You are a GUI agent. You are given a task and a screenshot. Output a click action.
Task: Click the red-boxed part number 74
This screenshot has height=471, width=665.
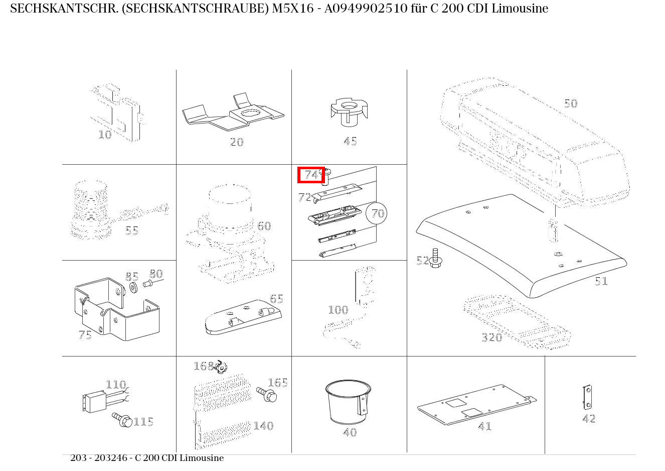[311, 175]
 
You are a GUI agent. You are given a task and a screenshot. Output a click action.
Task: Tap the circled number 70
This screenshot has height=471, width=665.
[377, 213]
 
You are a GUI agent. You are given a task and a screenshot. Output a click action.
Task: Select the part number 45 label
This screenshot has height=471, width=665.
[350, 141]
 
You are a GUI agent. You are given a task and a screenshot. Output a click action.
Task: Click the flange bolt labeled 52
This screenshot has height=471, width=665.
[435, 258]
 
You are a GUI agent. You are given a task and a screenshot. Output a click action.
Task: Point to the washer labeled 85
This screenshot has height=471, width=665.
[133, 288]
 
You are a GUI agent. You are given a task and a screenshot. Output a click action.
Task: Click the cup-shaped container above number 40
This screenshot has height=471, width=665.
[348, 402]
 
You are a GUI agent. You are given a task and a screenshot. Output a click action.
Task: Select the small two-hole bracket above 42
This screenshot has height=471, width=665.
[587, 397]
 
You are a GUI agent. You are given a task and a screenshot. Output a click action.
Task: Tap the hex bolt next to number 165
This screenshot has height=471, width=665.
[267, 394]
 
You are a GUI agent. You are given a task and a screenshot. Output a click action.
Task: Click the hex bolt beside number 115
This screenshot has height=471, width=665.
[122, 420]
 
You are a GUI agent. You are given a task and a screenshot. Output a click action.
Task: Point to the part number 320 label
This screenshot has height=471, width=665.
[492, 337]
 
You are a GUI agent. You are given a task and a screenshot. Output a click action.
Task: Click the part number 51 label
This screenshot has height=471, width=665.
[601, 281]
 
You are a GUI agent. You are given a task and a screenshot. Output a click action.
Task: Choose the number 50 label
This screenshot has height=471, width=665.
[571, 103]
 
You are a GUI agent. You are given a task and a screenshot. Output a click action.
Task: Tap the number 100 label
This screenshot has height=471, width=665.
[338, 310]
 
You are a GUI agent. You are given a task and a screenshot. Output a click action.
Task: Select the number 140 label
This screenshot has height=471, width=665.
[263, 426]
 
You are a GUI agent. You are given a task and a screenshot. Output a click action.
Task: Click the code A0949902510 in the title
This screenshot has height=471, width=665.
[366, 9]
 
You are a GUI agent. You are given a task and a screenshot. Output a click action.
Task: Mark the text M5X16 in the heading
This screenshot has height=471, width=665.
[293, 9]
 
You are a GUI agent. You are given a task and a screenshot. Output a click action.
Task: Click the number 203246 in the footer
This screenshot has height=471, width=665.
[111, 458]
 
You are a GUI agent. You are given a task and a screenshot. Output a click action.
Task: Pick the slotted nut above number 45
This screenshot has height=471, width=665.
[350, 112]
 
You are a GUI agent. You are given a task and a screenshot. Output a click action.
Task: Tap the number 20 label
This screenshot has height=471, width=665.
[237, 142]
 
